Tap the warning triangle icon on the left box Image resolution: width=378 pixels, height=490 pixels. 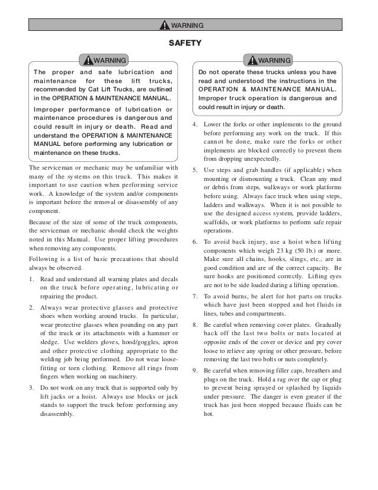(89, 61)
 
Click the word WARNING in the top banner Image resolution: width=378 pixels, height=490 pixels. (187, 26)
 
